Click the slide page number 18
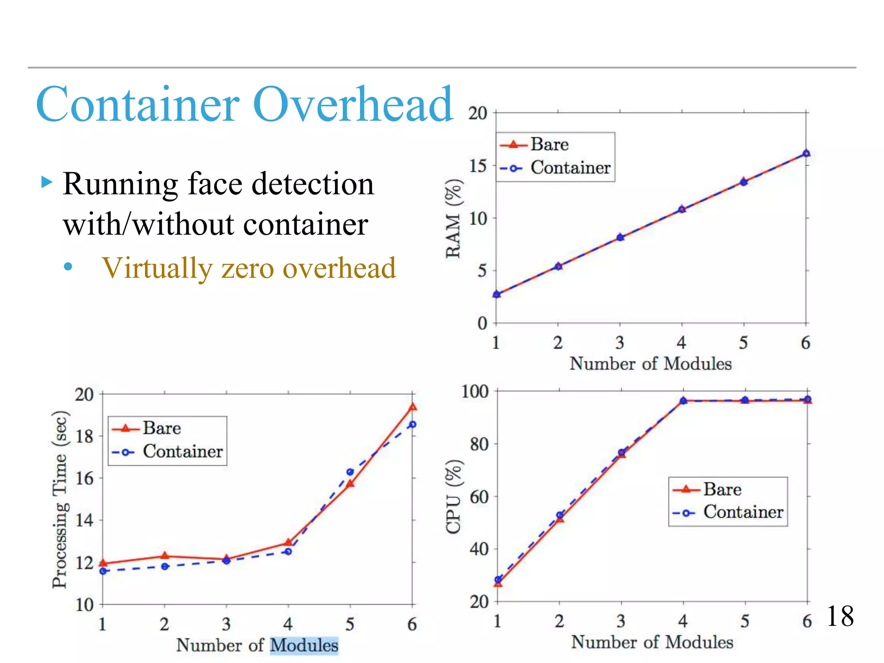pos(840,616)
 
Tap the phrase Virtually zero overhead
pos(249,268)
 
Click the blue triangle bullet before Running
pos(47,182)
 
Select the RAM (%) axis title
pos(454,218)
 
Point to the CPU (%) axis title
pos(454,497)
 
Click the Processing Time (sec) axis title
pos(60,499)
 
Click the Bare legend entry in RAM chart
pos(549,145)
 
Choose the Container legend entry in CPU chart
pos(743,512)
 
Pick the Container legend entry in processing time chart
pos(183,451)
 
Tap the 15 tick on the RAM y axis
pos(478,166)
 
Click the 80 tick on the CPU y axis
pos(479,444)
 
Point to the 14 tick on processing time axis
pos(84,520)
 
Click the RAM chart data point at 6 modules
pos(806,153)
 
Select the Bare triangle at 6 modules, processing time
pos(413,407)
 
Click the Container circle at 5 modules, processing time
pos(350,472)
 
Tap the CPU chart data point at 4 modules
pos(683,401)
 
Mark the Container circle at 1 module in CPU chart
pos(498,580)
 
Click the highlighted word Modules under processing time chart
pos(304,645)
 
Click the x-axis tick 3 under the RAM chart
pos(620,343)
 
